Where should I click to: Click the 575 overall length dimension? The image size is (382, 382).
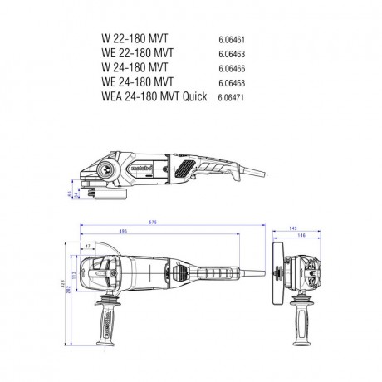click(172, 223)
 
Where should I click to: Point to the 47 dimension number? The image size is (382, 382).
click(87, 247)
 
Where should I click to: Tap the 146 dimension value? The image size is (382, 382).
click(302, 236)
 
